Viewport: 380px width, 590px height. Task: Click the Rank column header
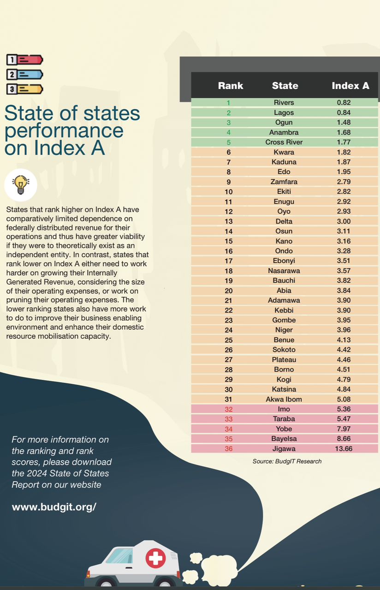(x=231, y=85)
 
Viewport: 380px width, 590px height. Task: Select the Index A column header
(x=350, y=85)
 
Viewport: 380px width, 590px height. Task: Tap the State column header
(x=285, y=85)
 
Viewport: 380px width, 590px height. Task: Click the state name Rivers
(x=284, y=102)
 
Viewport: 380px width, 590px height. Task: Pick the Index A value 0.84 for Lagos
(x=344, y=112)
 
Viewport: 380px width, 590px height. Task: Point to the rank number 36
(x=228, y=448)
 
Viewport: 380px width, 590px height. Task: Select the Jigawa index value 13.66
(x=344, y=448)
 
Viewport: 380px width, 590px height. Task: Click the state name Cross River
(x=284, y=142)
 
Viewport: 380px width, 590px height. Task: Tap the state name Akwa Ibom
(x=284, y=399)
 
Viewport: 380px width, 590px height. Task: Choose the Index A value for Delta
(x=344, y=221)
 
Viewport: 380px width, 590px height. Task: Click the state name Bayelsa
(x=284, y=439)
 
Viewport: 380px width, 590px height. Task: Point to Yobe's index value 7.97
(x=344, y=429)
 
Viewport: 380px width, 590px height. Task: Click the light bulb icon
(x=20, y=184)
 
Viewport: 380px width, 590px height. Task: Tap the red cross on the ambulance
(x=155, y=559)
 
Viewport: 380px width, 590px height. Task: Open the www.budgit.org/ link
(x=54, y=507)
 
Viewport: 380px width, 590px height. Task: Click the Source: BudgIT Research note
(x=287, y=461)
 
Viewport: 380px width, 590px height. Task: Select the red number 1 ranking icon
(x=24, y=59)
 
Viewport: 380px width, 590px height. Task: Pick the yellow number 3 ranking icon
(x=24, y=89)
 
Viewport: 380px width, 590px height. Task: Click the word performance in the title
(x=64, y=131)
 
